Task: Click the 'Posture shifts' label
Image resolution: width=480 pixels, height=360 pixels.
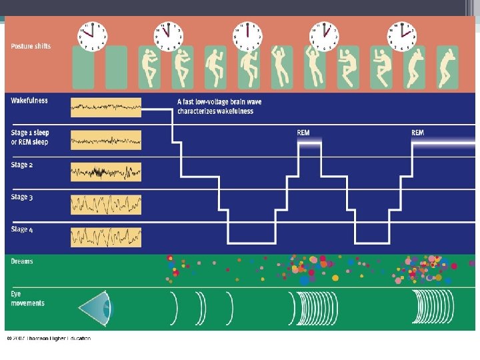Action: (x=31, y=46)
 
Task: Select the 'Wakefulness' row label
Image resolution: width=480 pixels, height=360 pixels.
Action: (x=29, y=101)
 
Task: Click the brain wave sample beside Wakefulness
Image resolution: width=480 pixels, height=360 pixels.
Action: (x=106, y=107)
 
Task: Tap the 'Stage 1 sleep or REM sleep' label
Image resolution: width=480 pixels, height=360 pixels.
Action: (x=30, y=137)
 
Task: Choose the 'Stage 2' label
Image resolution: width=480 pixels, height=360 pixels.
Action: (x=20, y=165)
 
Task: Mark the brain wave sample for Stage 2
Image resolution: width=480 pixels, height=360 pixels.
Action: (x=106, y=172)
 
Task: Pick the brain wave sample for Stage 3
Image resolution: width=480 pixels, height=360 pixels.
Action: (x=106, y=204)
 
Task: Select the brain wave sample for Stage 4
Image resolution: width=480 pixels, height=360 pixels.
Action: (x=106, y=237)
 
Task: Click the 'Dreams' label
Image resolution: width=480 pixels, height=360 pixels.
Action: (x=22, y=261)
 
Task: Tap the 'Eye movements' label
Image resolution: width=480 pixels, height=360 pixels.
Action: (x=28, y=298)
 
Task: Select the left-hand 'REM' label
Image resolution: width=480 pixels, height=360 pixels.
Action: (x=303, y=133)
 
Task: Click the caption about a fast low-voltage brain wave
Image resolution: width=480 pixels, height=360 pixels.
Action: (x=215, y=106)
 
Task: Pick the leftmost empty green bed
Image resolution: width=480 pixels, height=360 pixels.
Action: (x=83, y=67)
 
